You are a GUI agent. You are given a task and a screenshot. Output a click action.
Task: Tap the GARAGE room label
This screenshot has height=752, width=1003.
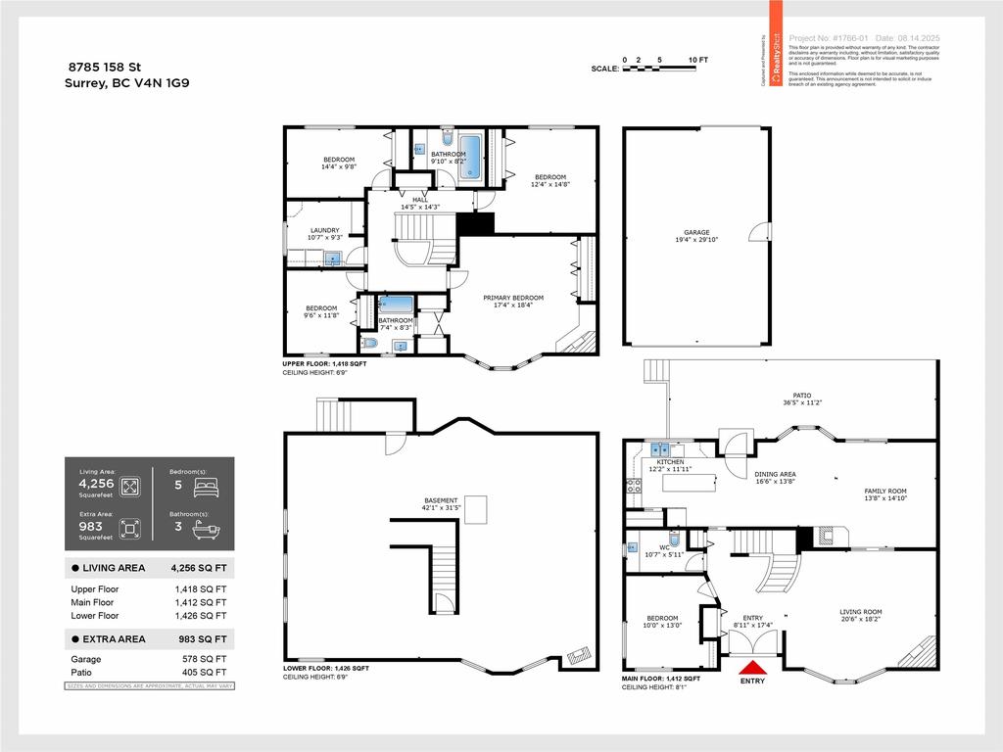(696, 233)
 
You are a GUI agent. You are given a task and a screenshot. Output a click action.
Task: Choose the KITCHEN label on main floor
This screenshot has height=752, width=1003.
(670, 462)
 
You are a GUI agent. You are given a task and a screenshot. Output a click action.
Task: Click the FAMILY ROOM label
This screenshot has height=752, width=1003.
(884, 492)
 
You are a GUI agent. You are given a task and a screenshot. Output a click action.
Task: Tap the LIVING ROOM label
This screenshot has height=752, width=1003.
(860, 612)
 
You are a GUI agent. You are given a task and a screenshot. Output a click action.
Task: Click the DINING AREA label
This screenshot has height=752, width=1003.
(775, 474)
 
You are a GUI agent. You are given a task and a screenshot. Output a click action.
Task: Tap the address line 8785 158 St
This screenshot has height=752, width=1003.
(105, 67)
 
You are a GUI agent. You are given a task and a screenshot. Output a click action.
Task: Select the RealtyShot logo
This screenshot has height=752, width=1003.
(776, 59)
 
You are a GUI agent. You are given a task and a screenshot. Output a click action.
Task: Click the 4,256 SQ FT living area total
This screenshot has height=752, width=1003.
(200, 568)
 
